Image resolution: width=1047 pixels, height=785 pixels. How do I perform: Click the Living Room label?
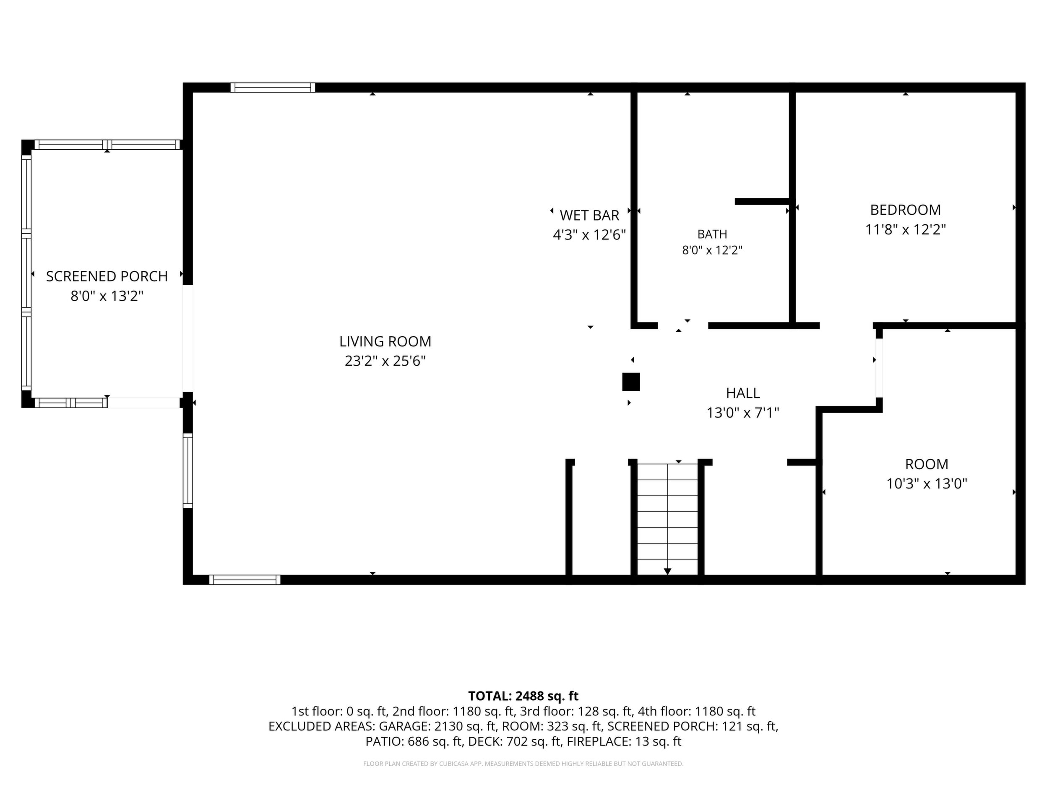click(385, 341)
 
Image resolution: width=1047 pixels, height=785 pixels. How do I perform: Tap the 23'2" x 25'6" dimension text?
click(385, 361)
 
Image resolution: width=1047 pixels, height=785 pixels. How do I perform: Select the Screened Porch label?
click(107, 276)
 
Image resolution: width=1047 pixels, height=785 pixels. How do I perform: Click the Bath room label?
click(712, 234)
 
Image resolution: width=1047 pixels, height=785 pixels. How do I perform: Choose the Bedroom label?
click(906, 210)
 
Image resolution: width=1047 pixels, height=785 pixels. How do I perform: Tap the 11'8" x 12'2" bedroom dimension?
click(906, 229)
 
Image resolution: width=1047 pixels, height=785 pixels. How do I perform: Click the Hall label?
click(743, 393)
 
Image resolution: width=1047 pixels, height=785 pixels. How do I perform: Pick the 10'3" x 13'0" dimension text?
click(927, 483)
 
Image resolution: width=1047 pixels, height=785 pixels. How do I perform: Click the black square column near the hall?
click(631, 382)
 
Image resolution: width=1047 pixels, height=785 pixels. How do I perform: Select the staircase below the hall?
click(667, 519)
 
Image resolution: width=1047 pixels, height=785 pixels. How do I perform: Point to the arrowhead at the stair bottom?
click(667, 571)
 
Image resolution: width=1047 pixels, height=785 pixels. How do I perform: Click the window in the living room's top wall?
click(273, 88)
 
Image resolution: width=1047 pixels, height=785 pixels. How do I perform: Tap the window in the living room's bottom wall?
click(245, 580)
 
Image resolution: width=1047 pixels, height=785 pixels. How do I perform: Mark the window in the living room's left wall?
click(188, 470)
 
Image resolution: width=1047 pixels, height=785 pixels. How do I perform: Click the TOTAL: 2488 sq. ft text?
click(523, 696)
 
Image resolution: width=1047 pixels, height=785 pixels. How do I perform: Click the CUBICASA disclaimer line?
click(523, 764)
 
